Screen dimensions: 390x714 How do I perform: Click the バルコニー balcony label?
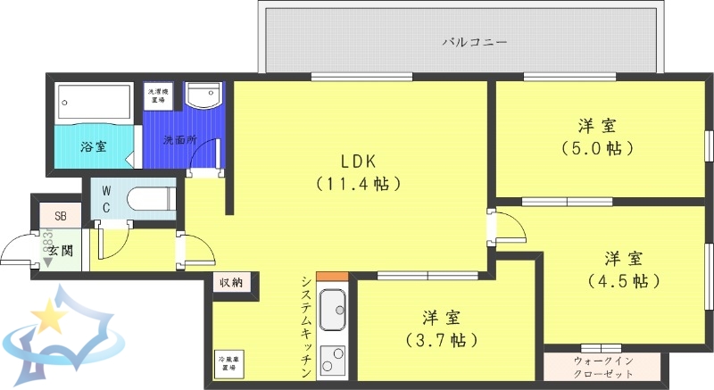[x=475, y=42]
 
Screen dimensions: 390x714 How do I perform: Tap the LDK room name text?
[x=357, y=162]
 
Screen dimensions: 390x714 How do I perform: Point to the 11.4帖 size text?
[x=357, y=185]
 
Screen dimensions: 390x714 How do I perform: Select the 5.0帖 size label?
[x=597, y=147]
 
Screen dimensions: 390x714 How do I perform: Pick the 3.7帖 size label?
[x=441, y=340]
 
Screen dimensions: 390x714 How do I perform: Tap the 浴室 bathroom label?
[x=93, y=146]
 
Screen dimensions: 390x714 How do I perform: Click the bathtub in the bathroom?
[x=93, y=104]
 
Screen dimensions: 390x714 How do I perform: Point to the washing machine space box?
[x=158, y=94]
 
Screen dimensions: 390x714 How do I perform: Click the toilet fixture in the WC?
[x=149, y=199]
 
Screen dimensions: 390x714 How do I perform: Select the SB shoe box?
[x=60, y=216]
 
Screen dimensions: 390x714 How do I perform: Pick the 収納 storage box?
[x=230, y=284]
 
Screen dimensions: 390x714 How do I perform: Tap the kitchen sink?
[x=332, y=310]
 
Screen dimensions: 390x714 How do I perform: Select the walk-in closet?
[x=602, y=367]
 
